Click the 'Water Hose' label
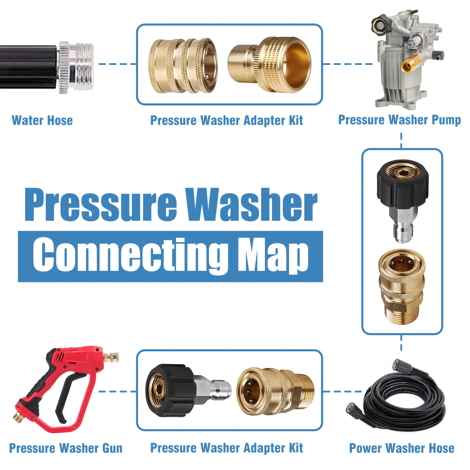pos(42,120)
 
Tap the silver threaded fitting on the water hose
pos(76,67)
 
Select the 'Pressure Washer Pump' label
pos(399,120)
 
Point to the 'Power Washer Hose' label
pos(402,448)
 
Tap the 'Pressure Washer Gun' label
pos(66,448)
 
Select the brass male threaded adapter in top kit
pos(269,64)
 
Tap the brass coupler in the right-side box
pos(402,287)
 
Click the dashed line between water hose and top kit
pos(117,64)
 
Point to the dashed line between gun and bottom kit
pos(117,391)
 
